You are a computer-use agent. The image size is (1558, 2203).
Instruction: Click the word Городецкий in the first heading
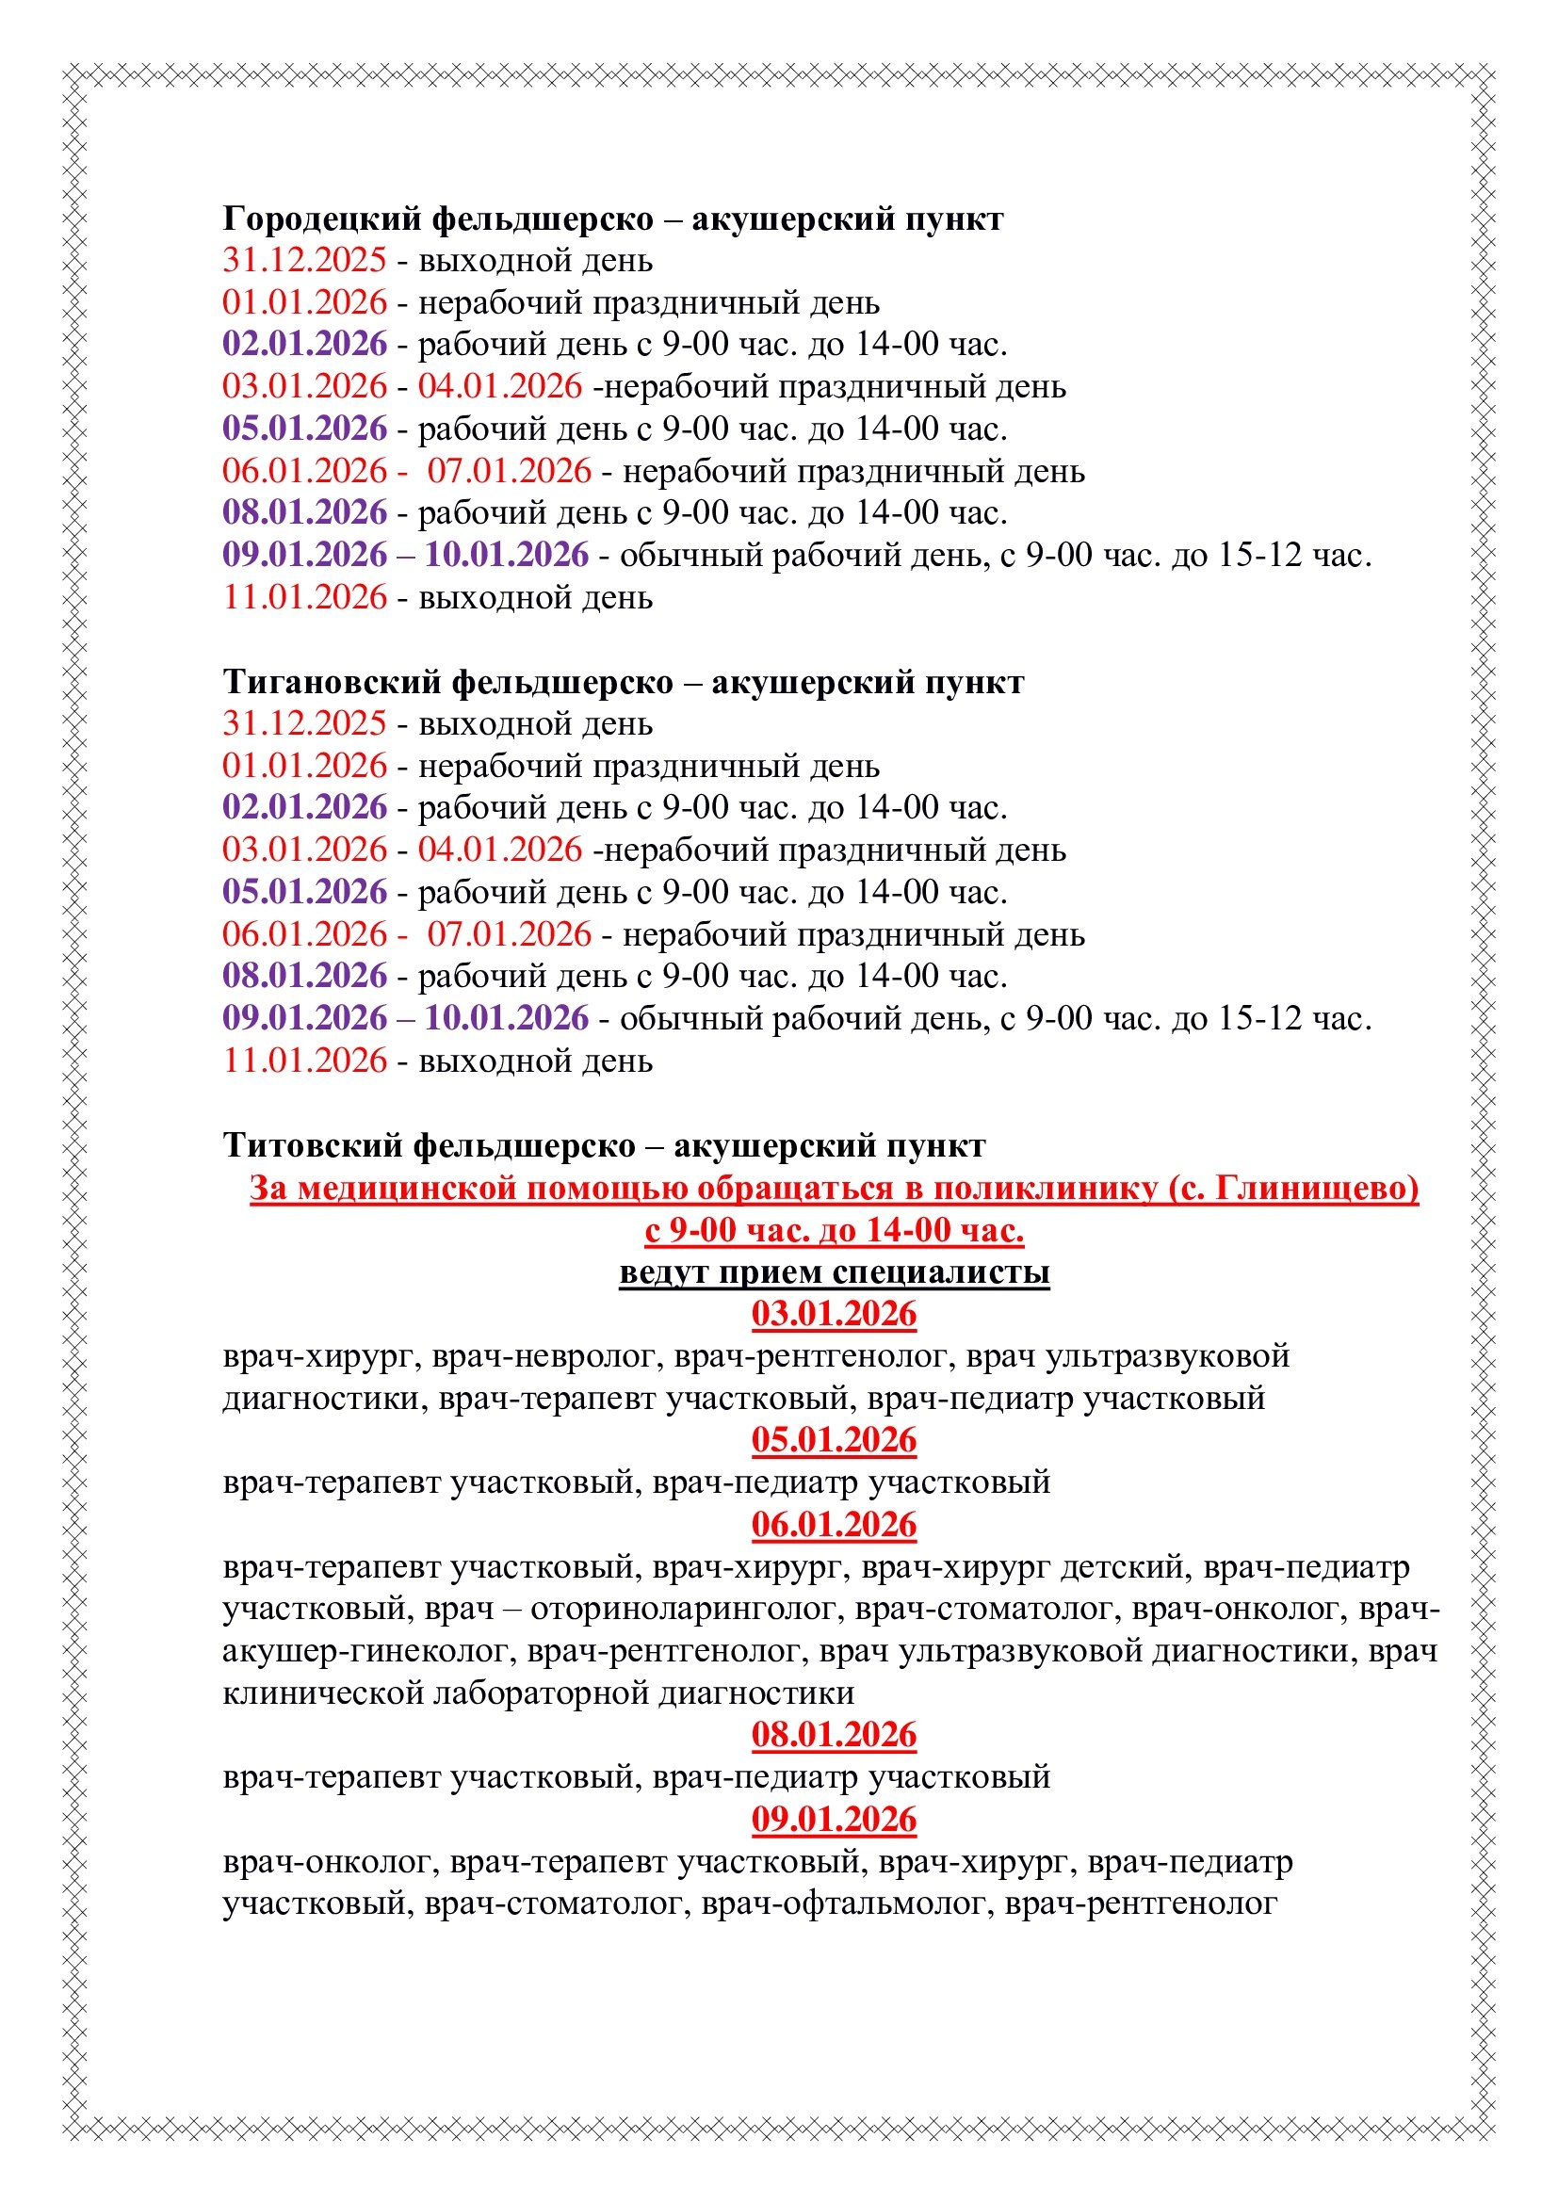coord(320,219)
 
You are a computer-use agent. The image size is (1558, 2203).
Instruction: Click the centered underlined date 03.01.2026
coord(834,1314)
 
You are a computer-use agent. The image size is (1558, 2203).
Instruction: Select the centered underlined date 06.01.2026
coord(834,1525)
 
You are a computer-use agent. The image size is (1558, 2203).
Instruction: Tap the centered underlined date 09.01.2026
coord(834,1821)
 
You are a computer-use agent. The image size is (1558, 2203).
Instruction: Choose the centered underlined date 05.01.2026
coord(834,1440)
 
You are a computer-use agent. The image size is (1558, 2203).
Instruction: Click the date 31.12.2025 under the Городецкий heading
coord(304,261)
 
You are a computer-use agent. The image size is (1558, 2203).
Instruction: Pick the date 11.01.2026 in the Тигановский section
coord(304,1061)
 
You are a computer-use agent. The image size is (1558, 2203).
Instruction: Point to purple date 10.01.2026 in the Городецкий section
coord(507,556)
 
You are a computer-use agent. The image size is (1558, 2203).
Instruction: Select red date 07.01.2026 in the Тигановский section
coord(510,934)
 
